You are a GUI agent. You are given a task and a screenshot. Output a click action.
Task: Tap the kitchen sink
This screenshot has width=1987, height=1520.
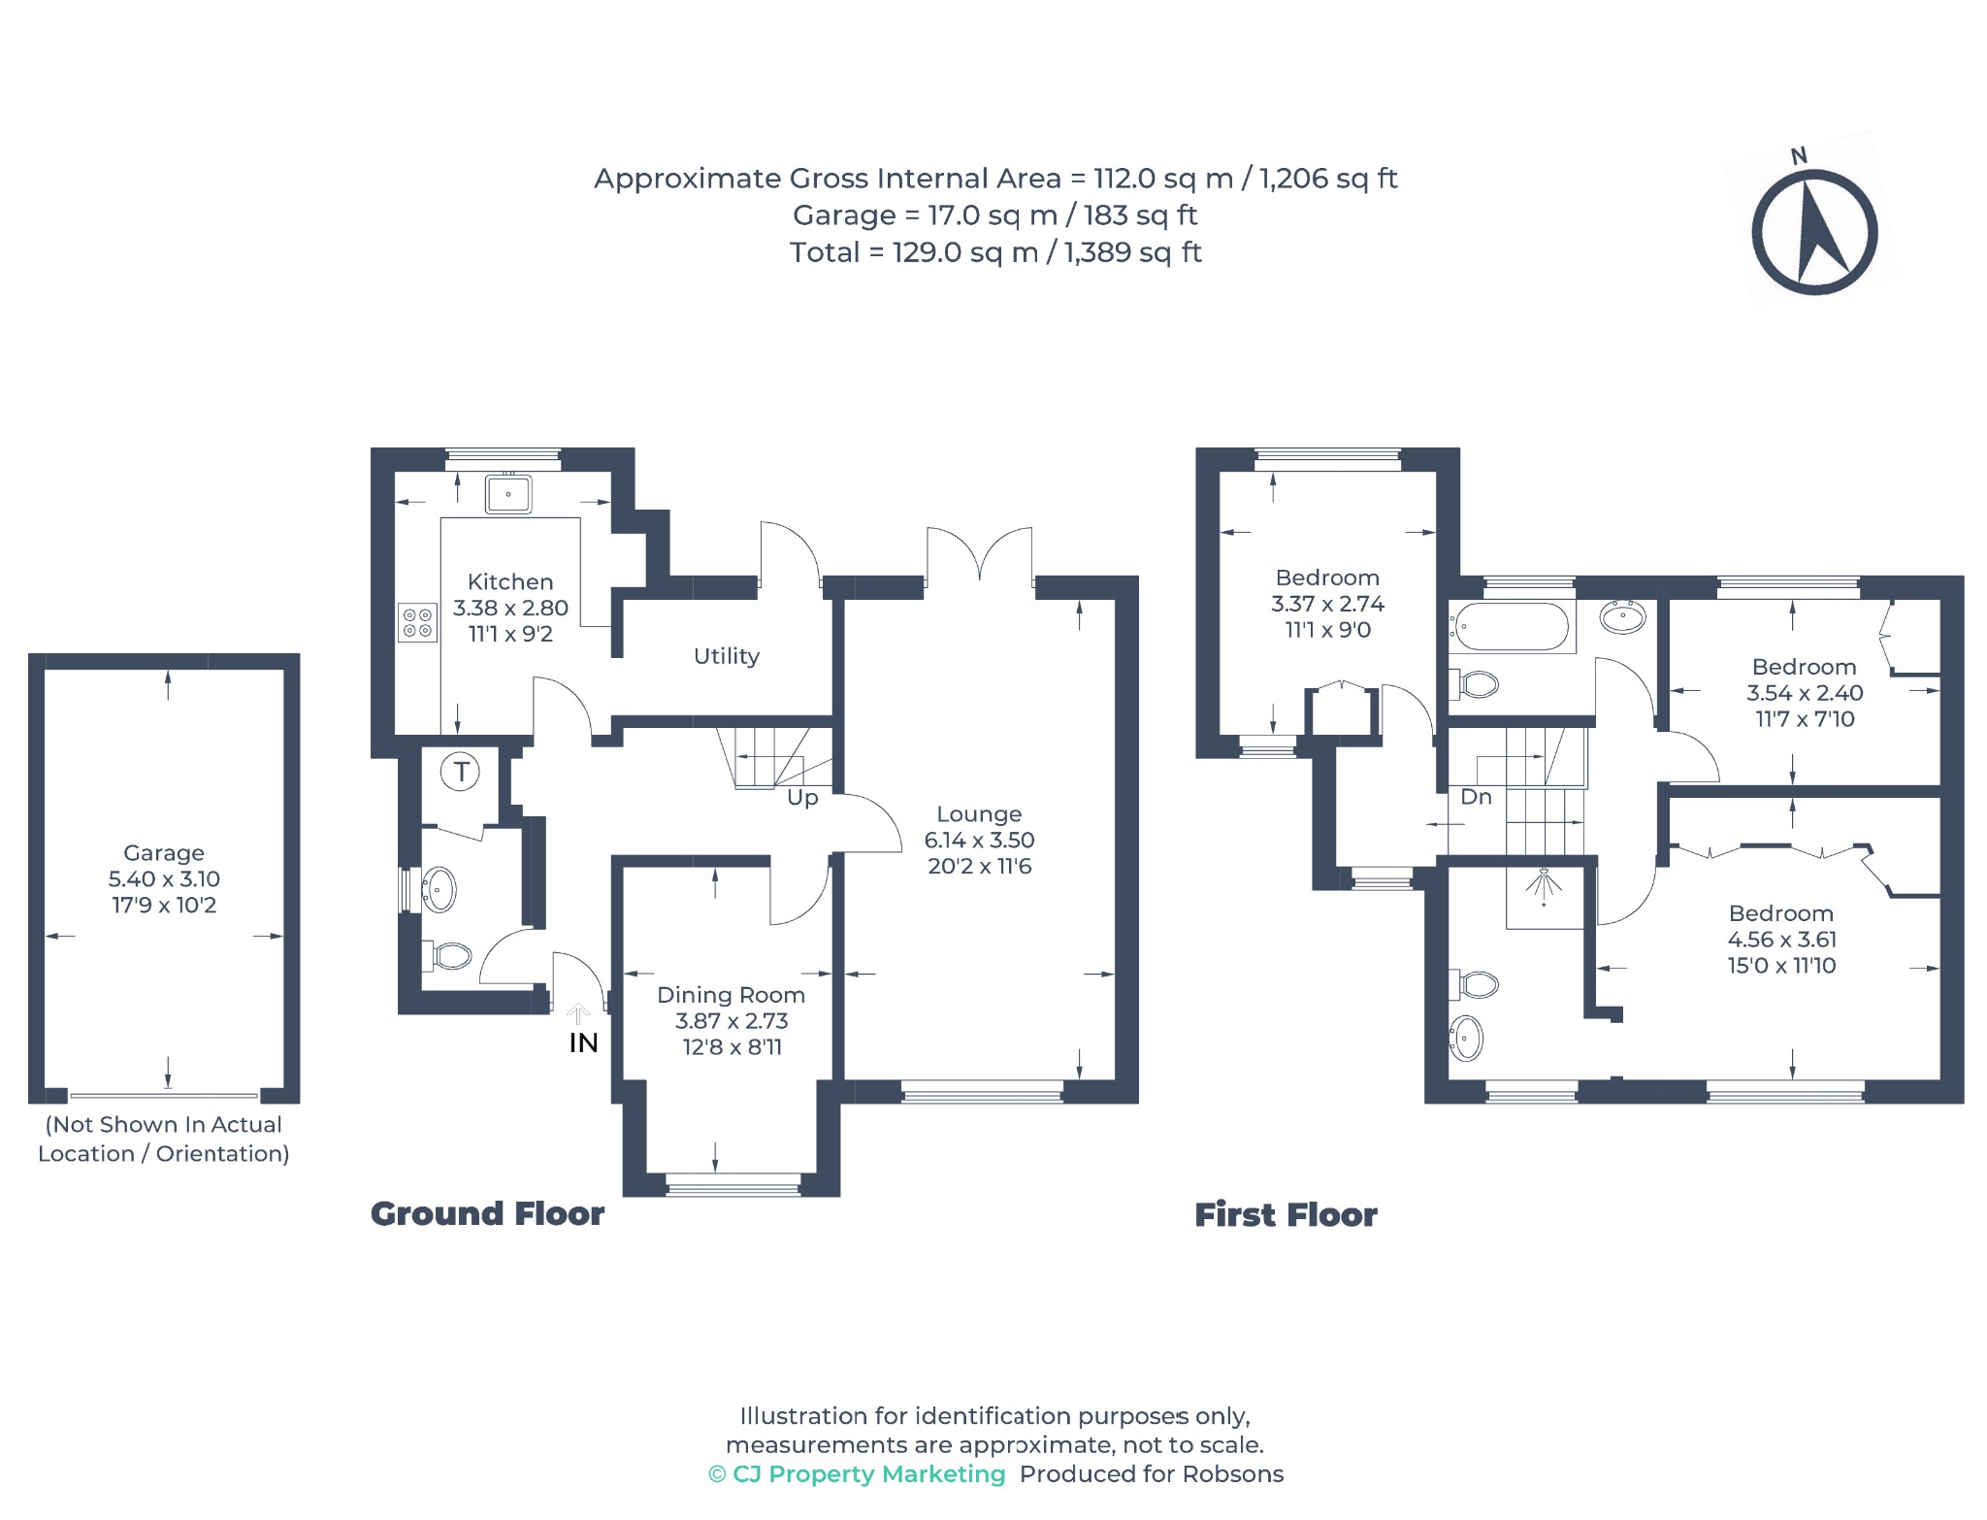pyautogui.click(x=507, y=493)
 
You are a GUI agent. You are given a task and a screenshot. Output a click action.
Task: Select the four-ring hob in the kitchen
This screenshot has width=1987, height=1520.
pyautogui.click(x=418, y=622)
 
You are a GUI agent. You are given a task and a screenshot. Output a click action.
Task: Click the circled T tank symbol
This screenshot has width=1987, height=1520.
pyautogui.click(x=460, y=773)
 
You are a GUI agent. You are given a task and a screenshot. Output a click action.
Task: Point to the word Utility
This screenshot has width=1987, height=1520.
pyautogui.click(x=727, y=656)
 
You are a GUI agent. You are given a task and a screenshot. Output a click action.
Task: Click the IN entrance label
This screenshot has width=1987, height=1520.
pyautogui.click(x=583, y=1043)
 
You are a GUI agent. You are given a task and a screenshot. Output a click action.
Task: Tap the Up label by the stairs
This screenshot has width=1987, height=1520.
pyautogui.click(x=802, y=798)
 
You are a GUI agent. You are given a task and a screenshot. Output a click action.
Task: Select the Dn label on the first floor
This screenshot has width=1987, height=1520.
pyautogui.click(x=1476, y=797)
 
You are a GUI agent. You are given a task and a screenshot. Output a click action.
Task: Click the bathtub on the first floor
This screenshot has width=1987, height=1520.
pyautogui.click(x=1510, y=627)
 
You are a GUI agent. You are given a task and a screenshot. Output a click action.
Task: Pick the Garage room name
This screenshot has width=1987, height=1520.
pyautogui.click(x=164, y=853)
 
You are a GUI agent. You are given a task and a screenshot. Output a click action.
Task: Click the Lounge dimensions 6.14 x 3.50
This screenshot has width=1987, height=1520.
pyautogui.click(x=979, y=841)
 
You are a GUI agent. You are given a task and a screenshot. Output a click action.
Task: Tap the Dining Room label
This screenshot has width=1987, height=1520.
pyautogui.click(x=731, y=995)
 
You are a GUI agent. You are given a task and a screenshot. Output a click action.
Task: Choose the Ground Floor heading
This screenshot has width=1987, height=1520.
pyautogui.click(x=488, y=1214)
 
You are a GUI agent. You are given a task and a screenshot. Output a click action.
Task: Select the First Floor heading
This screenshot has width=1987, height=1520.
pyautogui.click(x=1286, y=1215)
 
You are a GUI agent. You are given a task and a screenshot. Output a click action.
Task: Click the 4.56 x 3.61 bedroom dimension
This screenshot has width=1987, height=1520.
pyautogui.click(x=1782, y=940)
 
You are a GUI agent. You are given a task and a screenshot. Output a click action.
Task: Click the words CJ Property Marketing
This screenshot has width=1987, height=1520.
pyautogui.click(x=869, y=1474)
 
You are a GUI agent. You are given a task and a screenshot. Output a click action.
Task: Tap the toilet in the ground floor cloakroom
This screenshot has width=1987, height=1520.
pyautogui.click(x=449, y=956)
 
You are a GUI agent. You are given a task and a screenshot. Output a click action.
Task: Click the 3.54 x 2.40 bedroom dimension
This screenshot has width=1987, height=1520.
pyautogui.click(x=1805, y=693)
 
